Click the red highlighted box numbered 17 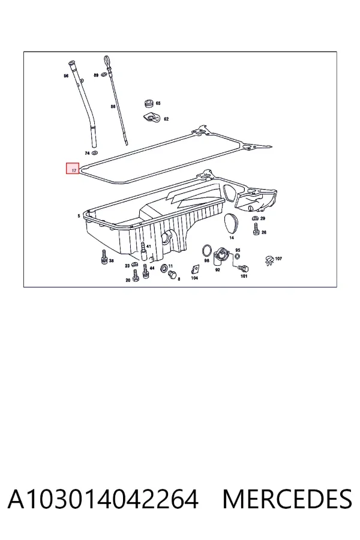(x=73, y=168)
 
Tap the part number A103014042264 (x=103, y=499)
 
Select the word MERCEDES (x=287, y=499)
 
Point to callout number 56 (x=66, y=76)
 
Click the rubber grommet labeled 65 (x=149, y=103)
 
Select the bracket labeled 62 (x=152, y=118)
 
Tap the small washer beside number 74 (x=95, y=152)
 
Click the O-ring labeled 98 (x=206, y=250)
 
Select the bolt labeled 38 (x=104, y=257)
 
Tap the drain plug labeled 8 (x=172, y=274)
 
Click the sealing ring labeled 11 (x=164, y=267)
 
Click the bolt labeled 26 (x=256, y=229)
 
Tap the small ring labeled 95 (x=238, y=256)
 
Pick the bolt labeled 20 (x=136, y=275)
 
